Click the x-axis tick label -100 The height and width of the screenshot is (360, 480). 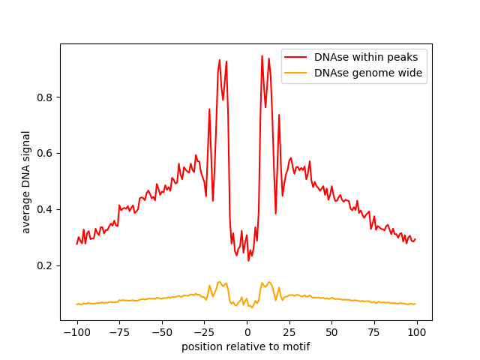coord(76,332)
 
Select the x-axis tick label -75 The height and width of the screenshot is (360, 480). coord(119,332)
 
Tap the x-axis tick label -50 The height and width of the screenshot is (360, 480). coord(162,332)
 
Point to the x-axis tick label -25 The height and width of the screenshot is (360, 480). coord(204,332)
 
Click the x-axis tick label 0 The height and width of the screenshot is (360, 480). coord(247,332)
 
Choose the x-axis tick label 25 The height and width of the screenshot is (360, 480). coord(289,332)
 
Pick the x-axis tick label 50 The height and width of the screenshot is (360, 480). coord(331,332)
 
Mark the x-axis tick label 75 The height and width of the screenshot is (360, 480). coord(374,332)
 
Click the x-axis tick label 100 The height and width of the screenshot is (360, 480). coord(417,332)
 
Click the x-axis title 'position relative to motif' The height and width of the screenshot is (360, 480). coord(246,346)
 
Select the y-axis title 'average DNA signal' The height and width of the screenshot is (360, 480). coord(26,182)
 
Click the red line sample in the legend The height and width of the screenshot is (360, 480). coord(297,57)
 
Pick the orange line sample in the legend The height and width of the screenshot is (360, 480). coord(297,73)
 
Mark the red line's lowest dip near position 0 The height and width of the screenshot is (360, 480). coord(248,260)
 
